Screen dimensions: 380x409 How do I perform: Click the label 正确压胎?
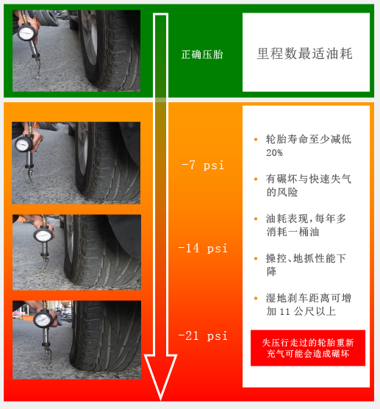tap(202, 54)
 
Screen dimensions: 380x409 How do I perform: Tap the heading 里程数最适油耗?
tap(305, 54)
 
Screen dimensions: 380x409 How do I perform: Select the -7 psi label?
tap(203, 165)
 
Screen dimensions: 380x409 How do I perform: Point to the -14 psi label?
tap(203, 248)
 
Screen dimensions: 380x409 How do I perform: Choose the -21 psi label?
tap(203, 335)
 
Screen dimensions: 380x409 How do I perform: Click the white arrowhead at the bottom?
tap(160, 376)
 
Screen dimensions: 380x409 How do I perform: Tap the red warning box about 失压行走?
tap(308, 348)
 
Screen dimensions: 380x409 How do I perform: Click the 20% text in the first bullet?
tap(274, 152)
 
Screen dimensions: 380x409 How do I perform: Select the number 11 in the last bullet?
tap(284, 312)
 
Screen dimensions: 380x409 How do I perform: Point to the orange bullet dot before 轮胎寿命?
tap(256, 140)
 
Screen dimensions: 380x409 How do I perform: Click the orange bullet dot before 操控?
tap(256, 258)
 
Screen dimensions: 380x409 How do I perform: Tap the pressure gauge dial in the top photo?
tap(26, 33)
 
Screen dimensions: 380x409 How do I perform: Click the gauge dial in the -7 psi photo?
tap(24, 144)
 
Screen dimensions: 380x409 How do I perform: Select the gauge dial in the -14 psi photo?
tap(43, 236)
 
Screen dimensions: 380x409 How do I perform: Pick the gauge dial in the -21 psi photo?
tap(43, 320)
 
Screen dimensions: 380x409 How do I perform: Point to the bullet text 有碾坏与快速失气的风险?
tap(308, 185)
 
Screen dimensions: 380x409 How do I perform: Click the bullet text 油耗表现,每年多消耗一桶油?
tap(306, 225)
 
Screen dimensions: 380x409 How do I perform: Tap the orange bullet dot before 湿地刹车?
tap(256, 298)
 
